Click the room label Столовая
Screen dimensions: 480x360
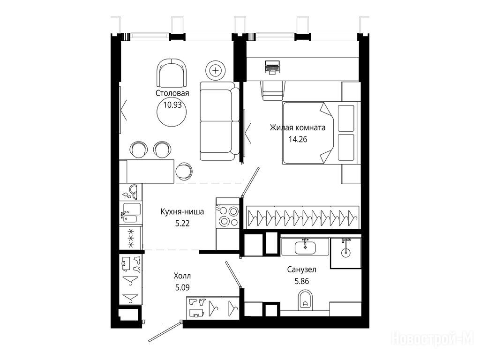172,93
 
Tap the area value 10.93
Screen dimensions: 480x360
172,105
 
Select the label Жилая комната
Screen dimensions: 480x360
298,127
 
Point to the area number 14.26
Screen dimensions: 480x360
298,139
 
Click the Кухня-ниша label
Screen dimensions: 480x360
182,211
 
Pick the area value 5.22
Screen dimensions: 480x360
182,224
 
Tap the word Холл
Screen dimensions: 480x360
182,276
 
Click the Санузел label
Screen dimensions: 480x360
301,270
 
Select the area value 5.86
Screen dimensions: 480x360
301,281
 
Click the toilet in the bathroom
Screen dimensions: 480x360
305,300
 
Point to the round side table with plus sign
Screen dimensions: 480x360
216,71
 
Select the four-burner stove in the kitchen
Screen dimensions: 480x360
227,217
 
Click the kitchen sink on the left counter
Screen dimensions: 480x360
131,212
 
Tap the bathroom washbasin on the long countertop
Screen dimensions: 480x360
305,247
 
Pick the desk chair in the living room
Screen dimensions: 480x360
273,90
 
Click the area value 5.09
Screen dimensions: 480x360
182,288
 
